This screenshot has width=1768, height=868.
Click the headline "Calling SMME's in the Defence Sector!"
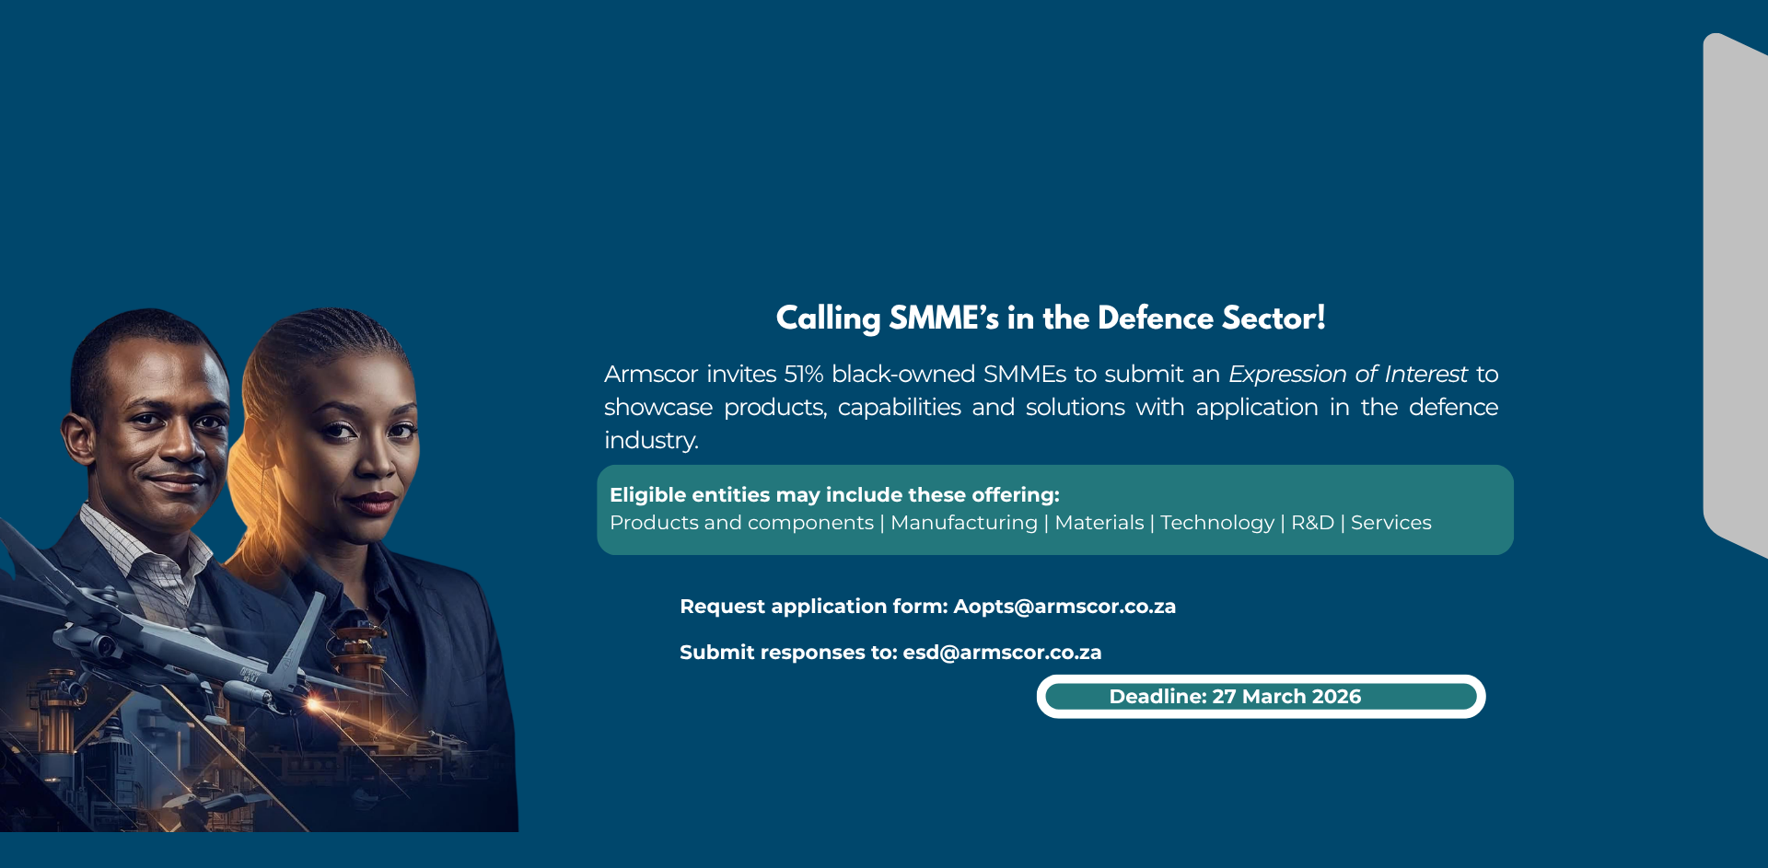[1051, 318]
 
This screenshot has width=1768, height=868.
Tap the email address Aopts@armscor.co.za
[1064, 607]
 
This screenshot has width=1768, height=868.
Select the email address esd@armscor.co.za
[1002, 653]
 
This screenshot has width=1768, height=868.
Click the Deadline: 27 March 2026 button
[1261, 697]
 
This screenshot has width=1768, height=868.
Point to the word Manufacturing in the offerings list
[964, 523]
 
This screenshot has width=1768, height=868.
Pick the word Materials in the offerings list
[1099, 523]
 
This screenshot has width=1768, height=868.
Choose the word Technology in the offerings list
[1217, 523]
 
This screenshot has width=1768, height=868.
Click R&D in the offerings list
[1312, 523]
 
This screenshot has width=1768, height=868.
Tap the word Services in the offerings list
[1390, 523]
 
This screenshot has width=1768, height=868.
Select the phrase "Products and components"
[741, 523]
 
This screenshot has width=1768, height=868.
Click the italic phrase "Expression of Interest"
[1348, 375]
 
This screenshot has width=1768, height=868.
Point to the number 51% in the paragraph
[803, 375]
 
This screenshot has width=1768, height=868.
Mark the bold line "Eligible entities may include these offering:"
[834, 495]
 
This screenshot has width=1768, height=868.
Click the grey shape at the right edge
[1736, 295]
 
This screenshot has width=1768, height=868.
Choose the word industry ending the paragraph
[650, 441]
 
